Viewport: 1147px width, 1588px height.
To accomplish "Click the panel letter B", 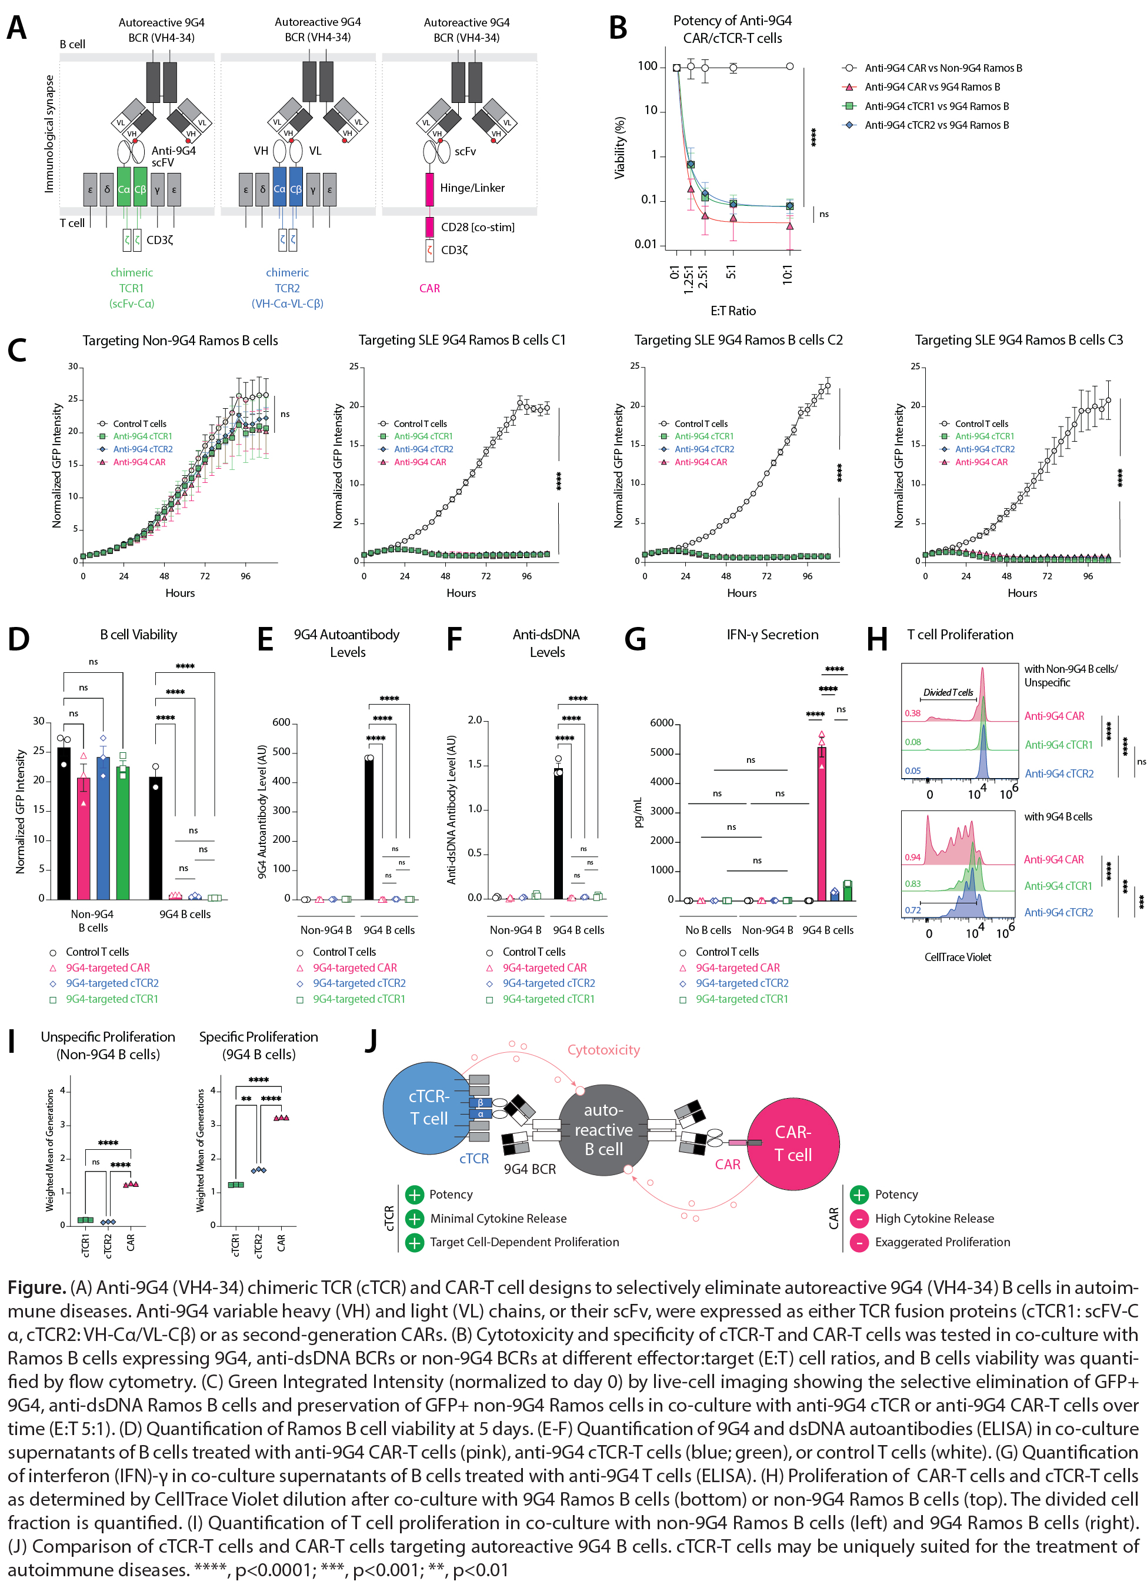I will (x=618, y=28).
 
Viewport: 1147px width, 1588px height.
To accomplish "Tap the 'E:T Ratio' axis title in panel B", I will (x=732, y=311).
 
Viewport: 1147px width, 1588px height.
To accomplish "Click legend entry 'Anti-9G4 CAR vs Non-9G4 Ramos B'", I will (x=942, y=68).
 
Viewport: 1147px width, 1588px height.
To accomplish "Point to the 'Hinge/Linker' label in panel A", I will (x=472, y=188).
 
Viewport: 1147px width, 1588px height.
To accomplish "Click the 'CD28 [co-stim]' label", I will (x=478, y=227).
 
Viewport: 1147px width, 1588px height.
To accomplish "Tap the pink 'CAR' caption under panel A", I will (x=429, y=288).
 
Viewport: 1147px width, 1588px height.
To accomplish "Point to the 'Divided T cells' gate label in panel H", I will (x=948, y=692).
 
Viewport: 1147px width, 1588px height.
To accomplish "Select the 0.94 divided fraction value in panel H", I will (x=912, y=857).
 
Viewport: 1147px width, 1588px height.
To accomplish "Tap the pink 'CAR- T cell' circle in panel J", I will (x=793, y=1143).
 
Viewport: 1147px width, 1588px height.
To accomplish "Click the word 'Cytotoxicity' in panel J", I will (x=603, y=1050).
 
